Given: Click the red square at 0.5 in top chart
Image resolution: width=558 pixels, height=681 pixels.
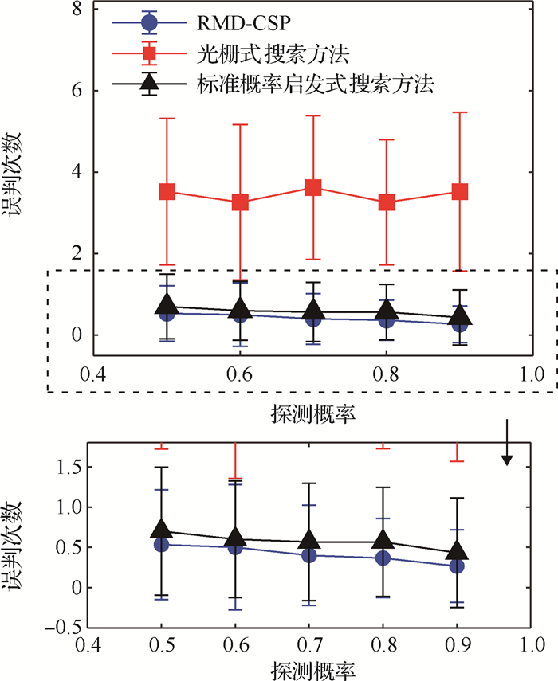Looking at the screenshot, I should pos(167,192).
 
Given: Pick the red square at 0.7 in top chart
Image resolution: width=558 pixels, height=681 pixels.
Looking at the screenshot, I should pos(312,188).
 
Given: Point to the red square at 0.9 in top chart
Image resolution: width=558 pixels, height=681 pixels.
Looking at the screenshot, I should pos(459,192).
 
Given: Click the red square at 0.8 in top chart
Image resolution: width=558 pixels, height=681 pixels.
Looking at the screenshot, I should pos(387,202).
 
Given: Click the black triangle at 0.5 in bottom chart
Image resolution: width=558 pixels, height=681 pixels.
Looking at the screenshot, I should pos(162,529).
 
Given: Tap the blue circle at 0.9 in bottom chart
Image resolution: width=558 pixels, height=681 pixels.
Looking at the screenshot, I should pos(457,566).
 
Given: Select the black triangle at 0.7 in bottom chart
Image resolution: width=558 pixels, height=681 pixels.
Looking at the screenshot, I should pos(309,539).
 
